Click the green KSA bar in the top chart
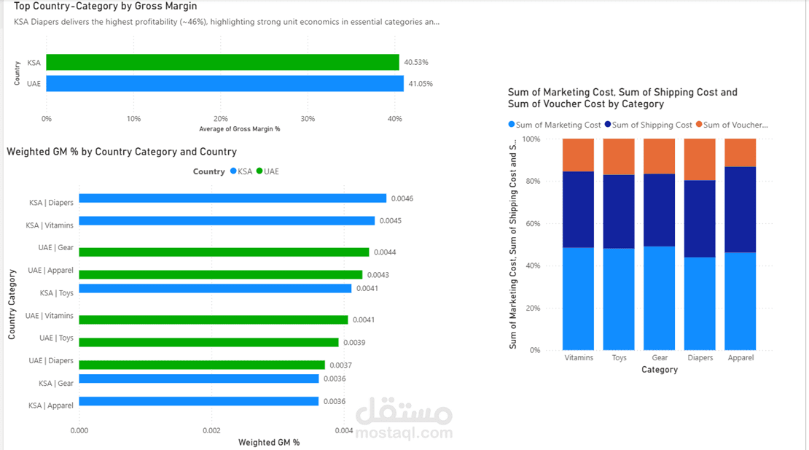pos(222,62)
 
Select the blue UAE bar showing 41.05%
pos(224,83)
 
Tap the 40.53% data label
pos(417,62)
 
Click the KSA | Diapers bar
pos(232,198)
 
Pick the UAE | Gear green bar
pos(224,252)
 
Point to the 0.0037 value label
pos(341,365)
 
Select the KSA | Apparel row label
pos(51,406)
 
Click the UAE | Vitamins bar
pos(213,319)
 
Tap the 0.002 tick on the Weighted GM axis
pos(211,431)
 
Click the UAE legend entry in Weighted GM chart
pos(267,171)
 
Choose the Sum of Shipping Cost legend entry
pos(649,125)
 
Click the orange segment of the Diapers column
pos(700,159)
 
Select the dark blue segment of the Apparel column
pos(740,209)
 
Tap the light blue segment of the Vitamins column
pos(578,299)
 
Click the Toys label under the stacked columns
pos(619,358)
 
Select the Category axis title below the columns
pos(659,370)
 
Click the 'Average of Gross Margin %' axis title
pos(239,129)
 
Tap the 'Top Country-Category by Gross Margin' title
pos(105,7)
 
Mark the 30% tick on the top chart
pos(308,118)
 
